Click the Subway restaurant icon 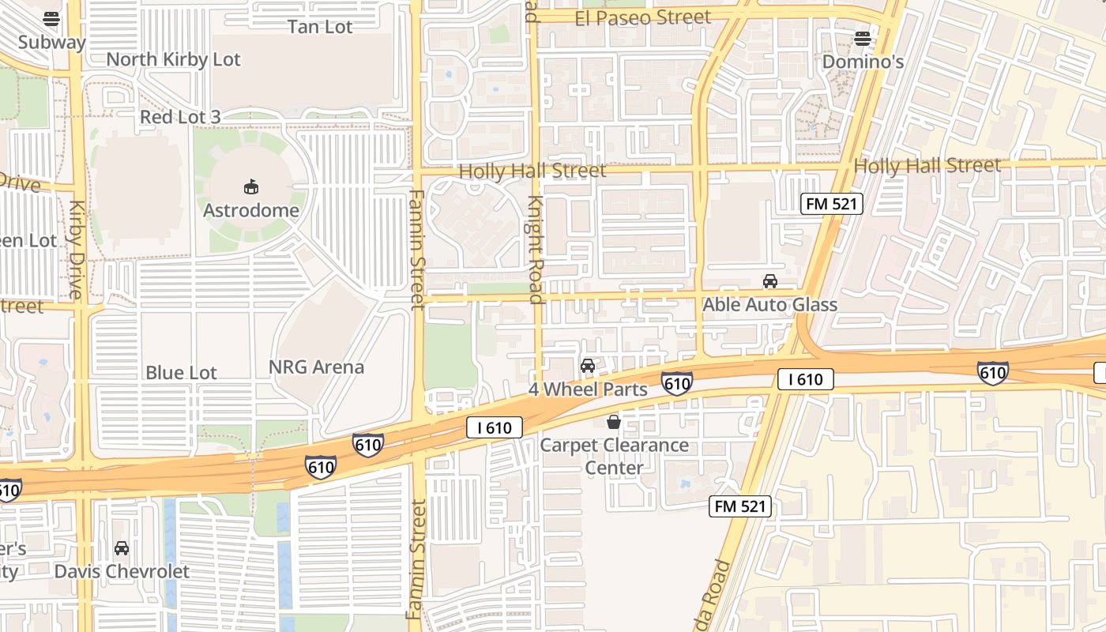pos(51,18)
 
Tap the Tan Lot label pos(320,26)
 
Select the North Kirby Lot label pos(173,59)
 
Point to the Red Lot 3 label pos(180,117)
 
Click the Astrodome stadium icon pos(251,187)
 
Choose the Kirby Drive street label pos(76,250)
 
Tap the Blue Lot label pos(181,372)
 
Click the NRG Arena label pos(316,367)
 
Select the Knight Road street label pos(536,249)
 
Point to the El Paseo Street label pos(642,17)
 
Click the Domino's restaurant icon pos(863,38)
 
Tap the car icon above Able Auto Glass pos(769,281)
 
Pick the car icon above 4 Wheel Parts pos(588,365)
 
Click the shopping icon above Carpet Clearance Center pos(614,423)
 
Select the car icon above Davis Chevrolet pos(122,547)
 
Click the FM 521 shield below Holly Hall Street pos(831,204)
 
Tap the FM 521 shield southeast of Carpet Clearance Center pos(740,506)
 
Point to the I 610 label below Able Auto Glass pos(806,379)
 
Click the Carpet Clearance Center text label pos(614,456)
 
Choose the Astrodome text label pos(251,210)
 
